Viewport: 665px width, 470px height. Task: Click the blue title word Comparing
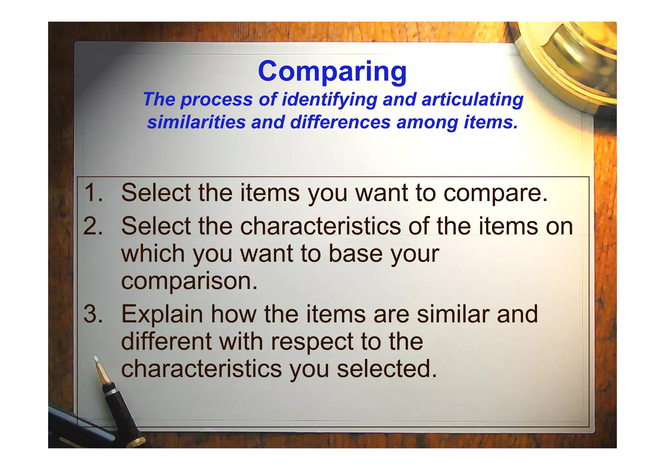click(332, 71)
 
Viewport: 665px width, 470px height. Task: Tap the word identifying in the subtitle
click(329, 99)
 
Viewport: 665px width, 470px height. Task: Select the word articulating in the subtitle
click(472, 99)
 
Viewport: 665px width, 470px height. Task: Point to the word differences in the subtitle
click(340, 122)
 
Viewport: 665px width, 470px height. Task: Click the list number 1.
click(93, 193)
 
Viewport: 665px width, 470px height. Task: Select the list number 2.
click(93, 226)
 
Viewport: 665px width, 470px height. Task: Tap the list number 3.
click(93, 314)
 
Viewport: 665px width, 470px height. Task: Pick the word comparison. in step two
click(189, 281)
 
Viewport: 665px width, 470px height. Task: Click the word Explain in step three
click(162, 314)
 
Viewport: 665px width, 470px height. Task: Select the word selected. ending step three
click(387, 369)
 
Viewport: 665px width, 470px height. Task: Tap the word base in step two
click(356, 254)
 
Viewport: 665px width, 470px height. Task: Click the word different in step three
click(166, 342)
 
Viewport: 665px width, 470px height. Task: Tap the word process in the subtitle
click(217, 99)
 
